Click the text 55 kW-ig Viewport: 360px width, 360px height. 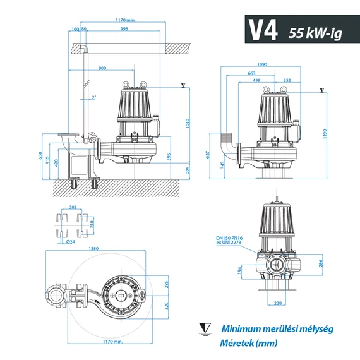point(314,32)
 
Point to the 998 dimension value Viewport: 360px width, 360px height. point(124,29)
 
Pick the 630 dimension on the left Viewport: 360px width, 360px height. point(39,155)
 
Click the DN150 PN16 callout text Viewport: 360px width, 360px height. point(230,237)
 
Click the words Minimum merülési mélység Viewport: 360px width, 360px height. point(277,328)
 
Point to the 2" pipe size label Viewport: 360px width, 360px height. point(93,97)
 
